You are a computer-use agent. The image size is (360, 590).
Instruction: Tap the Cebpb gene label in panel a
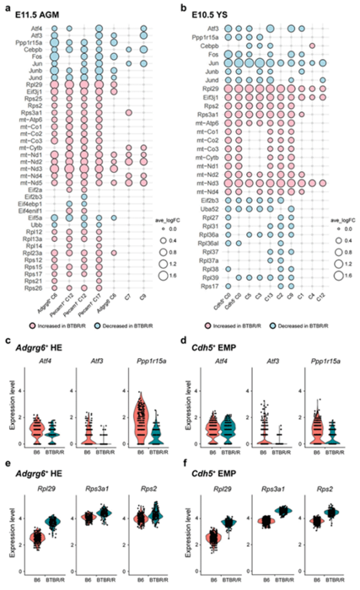[34, 50]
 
